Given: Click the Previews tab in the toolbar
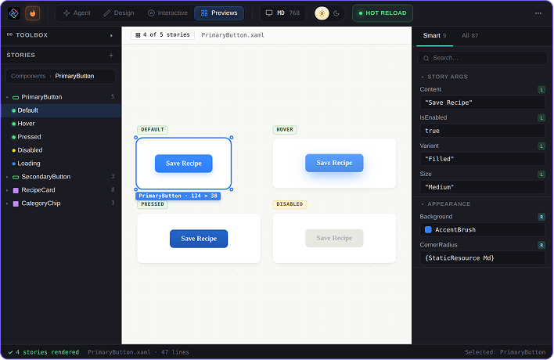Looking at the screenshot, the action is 219,13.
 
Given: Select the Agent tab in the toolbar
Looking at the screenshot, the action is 77,13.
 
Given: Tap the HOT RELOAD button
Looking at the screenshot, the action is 383,13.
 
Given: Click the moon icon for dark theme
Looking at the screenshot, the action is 336,13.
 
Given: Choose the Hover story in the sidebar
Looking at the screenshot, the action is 26,124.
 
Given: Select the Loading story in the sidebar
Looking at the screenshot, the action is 29,164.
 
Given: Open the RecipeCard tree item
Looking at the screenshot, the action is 38,190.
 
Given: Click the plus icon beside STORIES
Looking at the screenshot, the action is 111,55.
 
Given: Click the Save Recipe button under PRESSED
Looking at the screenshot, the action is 199,239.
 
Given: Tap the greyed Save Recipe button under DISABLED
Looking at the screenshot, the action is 334,238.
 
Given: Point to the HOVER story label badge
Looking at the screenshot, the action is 285,130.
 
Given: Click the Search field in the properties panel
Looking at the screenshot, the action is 483,58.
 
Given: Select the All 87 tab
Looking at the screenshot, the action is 469,36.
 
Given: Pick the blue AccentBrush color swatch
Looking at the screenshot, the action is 428,229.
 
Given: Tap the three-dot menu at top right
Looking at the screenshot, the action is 538,13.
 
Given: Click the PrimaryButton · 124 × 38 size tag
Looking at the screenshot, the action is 178,196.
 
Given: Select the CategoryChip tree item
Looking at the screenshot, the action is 41,203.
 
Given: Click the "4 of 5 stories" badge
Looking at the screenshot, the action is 163,35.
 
